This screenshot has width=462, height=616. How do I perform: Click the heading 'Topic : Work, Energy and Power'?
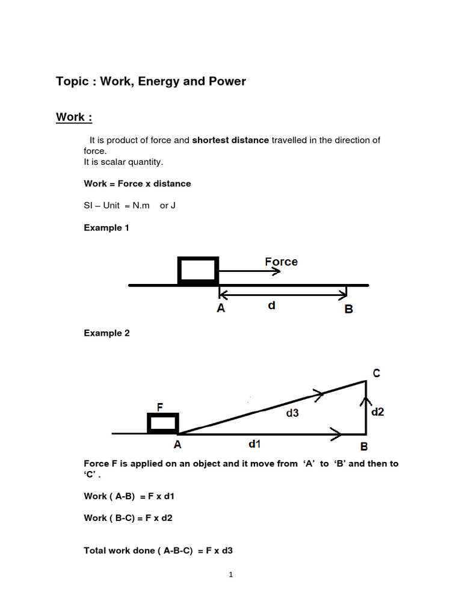pyautogui.click(x=151, y=81)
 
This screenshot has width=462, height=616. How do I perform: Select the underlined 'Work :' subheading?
pyautogui.click(x=74, y=117)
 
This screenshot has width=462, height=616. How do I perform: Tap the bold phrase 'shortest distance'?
pyautogui.click(x=230, y=140)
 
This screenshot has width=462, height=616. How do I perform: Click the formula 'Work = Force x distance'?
pyautogui.click(x=137, y=183)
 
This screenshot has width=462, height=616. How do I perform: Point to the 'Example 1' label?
pyautogui.click(x=106, y=228)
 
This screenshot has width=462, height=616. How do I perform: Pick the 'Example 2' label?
pyautogui.click(x=106, y=333)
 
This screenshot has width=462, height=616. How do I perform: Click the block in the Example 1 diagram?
pyautogui.click(x=198, y=270)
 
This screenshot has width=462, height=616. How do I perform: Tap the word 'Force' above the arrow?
pyautogui.click(x=282, y=262)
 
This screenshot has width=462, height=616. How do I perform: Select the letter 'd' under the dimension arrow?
pyautogui.click(x=272, y=306)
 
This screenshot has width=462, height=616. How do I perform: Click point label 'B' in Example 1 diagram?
pyautogui.click(x=348, y=309)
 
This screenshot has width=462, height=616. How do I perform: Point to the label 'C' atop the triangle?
pyautogui.click(x=376, y=374)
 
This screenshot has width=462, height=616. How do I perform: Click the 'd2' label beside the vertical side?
pyautogui.click(x=378, y=412)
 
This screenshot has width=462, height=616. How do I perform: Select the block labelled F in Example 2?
pyautogui.click(x=163, y=423)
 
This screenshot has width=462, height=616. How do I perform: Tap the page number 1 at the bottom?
pyautogui.click(x=230, y=575)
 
